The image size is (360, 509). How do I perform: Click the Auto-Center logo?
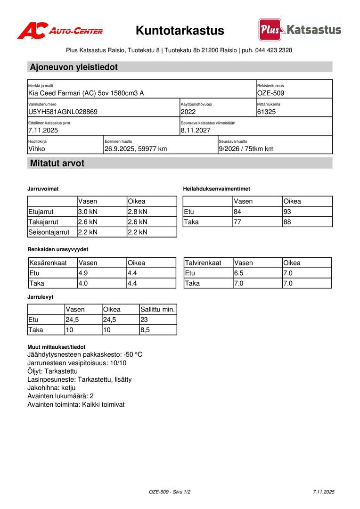coord(60,31)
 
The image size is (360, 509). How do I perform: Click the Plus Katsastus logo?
coord(300,30)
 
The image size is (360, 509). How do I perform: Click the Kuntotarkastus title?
coord(180,31)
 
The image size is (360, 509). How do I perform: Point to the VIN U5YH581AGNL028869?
coord(63,112)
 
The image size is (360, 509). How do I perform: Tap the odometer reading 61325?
coord(267,112)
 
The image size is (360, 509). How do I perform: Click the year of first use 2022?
coord(188,112)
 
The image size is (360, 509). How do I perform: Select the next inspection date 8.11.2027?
coord(196,131)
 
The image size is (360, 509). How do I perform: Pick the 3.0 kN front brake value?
coord(88,212)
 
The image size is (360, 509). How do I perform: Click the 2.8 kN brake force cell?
coord(138,212)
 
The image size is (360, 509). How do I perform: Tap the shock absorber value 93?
coord(287,212)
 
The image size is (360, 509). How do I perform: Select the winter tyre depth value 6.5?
coord(239,273)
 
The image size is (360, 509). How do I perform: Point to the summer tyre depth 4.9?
coord(83,273)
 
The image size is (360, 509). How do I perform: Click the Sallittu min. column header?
coord(157,310)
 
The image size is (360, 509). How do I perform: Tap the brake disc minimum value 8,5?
coord(145,330)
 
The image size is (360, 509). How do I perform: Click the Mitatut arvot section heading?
coord(57,164)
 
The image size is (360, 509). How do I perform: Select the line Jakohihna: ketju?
coord(51,388)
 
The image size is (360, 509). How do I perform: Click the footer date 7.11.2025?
coord(323,492)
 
